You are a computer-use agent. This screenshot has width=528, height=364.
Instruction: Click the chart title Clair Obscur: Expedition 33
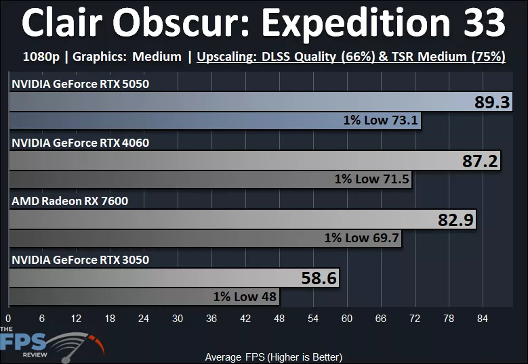click(264, 24)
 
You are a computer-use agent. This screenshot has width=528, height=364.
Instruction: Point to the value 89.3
click(491, 103)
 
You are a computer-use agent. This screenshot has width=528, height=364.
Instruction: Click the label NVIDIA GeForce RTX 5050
click(80, 85)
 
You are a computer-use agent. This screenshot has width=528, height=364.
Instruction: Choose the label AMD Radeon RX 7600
click(70, 201)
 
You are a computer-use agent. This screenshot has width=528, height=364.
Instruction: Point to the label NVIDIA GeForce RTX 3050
click(80, 260)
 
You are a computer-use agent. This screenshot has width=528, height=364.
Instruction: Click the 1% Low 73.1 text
click(382, 122)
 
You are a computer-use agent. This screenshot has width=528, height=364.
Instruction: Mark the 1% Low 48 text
click(245, 296)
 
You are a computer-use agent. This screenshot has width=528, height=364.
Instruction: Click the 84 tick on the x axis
click(483, 319)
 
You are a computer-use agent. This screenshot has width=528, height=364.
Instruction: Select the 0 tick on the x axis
click(8, 319)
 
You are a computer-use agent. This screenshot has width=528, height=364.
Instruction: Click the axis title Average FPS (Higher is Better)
click(273, 357)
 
